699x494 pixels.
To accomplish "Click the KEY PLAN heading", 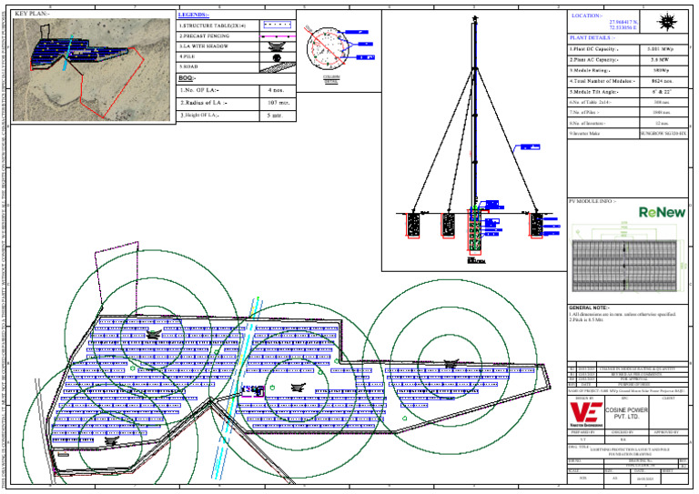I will (x=35, y=15).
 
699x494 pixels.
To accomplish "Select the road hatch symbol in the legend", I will (x=277, y=66).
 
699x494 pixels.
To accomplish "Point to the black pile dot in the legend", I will (x=277, y=56).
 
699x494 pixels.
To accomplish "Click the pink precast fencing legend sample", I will (x=277, y=35).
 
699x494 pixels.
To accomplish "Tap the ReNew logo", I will (x=662, y=212).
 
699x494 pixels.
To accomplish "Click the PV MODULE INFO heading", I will (x=593, y=199).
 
